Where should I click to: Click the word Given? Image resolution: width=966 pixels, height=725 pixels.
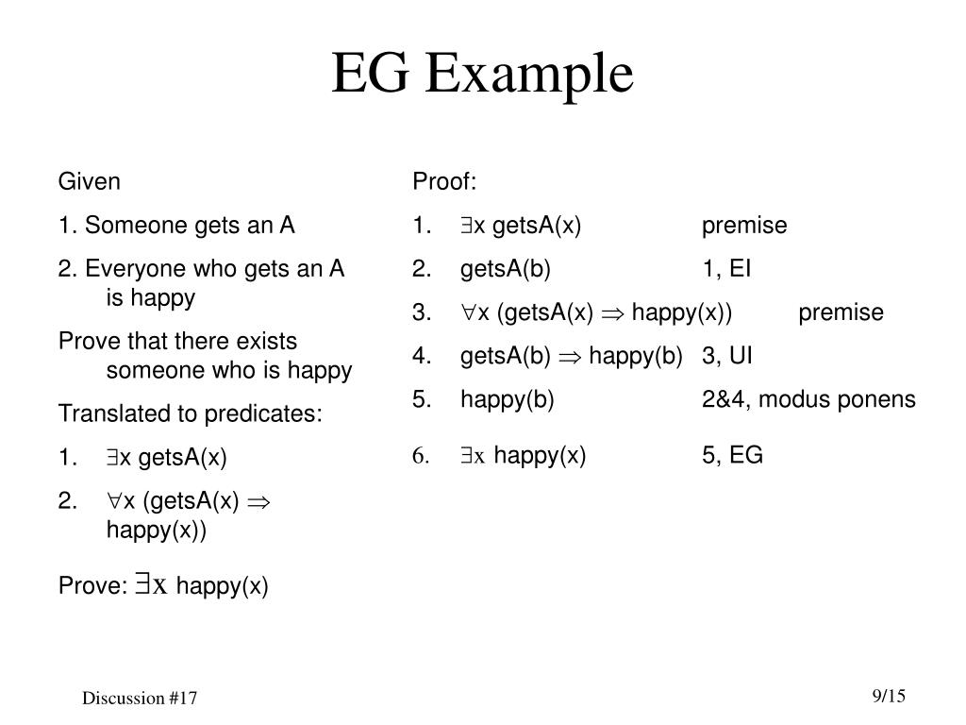click(x=90, y=180)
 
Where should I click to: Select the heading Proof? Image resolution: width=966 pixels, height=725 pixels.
click(x=444, y=180)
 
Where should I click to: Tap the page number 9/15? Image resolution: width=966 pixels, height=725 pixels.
click(x=889, y=697)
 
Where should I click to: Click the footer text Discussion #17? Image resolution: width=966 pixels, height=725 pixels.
click(x=140, y=699)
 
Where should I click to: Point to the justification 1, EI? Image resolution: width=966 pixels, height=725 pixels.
click(x=726, y=269)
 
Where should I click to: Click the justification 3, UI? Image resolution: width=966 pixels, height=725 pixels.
click(x=727, y=356)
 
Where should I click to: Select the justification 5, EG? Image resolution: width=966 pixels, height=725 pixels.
click(x=732, y=456)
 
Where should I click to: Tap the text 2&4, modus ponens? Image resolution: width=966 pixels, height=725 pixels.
click(x=808, y=399)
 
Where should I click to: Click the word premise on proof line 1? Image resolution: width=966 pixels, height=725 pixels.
click(x=744, y=226)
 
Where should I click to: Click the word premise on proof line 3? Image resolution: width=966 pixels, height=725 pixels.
click(x=841, y=312)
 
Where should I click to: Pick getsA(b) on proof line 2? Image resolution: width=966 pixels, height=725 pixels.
click(x=505, y=269)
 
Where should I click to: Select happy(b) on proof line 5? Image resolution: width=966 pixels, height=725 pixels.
click(x=508, y=399)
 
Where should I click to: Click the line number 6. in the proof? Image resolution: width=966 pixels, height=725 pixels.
click(x=421, y=457)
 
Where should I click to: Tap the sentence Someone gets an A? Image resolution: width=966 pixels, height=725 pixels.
click(x=190, y=226)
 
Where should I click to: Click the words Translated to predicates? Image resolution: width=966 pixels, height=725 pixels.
click(x=190, y=414)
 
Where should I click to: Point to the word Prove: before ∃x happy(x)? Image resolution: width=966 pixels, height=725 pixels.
click(x=92, y=586)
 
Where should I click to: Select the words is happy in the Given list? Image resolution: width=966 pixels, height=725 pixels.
click(x=151, y=298)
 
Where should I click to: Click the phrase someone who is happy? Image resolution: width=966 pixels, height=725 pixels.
click(x=229, y=371)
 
